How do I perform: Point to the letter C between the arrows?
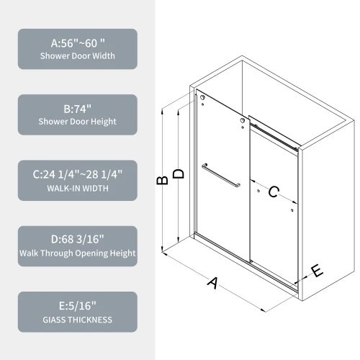click(x=274, y=192)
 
